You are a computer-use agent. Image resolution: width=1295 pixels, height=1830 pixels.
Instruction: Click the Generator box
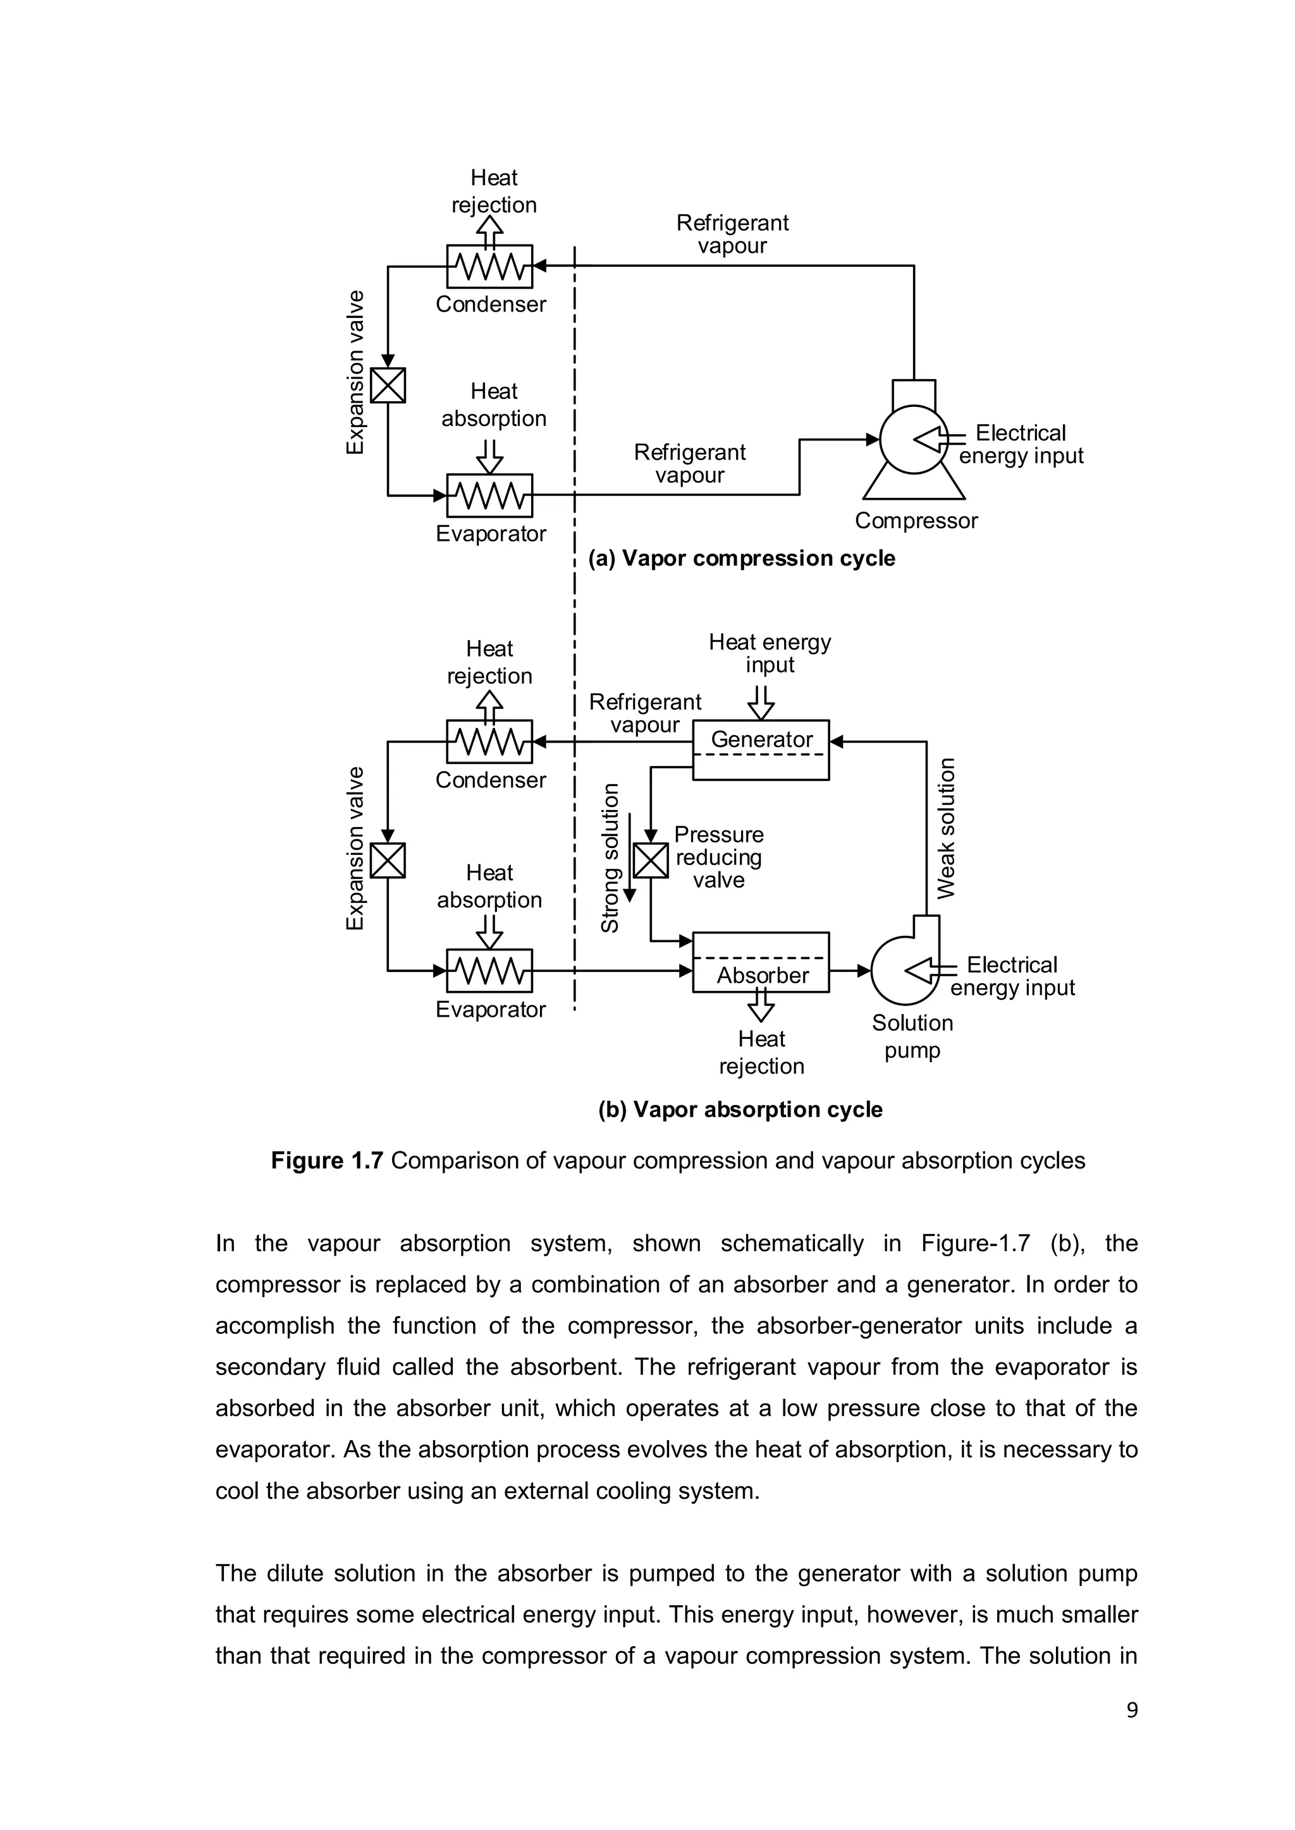click(x=761, y=749)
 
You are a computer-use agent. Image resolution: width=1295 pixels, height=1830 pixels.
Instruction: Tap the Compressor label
click(x=916, y=521)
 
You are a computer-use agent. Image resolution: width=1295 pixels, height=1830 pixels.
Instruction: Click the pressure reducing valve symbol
click(x=651, y=861)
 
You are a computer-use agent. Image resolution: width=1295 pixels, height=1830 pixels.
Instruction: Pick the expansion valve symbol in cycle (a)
click(x=388, y=385)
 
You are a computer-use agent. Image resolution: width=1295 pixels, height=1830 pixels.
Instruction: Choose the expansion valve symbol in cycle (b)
click(x=388, y=861)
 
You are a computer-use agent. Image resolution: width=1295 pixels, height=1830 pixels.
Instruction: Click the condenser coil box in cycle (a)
click(x=489, y=266)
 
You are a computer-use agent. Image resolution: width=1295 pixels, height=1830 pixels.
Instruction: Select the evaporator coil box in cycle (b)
click(x=489, y=971)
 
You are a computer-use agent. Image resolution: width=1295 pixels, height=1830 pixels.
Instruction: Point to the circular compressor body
click(x=913, y=439)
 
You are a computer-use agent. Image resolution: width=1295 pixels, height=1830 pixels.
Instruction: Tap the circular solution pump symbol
click(x=904, y=971)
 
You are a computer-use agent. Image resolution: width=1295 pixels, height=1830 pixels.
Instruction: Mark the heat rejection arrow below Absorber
click(x=761, y=1006)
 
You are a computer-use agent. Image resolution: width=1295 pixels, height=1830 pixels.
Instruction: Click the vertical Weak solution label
click(x=946, y=829)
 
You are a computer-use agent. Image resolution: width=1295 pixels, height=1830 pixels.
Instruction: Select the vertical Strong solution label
click(x=610, y=857)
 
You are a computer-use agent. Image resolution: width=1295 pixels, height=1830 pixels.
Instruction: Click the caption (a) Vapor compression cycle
click(x=742, y=558)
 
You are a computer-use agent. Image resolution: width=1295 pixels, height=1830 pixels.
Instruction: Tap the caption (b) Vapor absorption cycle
click(x=740, y=1110)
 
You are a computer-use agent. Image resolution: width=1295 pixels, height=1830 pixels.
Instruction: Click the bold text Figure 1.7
click(x=327, y=1160)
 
